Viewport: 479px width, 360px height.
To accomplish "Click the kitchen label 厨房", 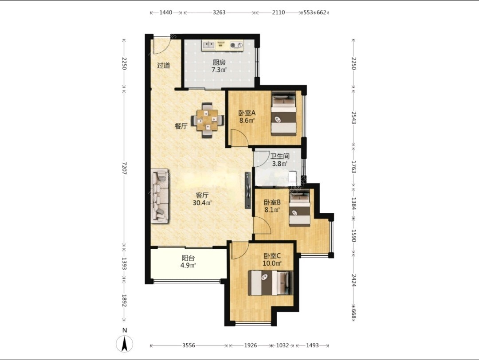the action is click(x=219, y=63).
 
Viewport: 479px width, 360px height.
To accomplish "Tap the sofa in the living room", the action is click(x=160, y=196).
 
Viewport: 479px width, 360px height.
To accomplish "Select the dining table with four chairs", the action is click(x=208, y=120).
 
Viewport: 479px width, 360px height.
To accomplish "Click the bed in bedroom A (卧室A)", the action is click(x=284, y=113).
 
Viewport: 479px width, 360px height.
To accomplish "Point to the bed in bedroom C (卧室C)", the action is click(x=271, y=283).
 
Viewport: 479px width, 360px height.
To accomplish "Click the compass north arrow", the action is click(x=125, y=344).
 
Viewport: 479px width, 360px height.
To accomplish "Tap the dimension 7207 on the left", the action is click(x=124, y=168).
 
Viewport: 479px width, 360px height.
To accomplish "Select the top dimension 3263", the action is click(x=219, y=12).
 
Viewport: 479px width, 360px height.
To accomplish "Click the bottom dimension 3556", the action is click(x=189, y=345).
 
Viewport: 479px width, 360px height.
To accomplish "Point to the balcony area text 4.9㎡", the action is click(x=188, y=265).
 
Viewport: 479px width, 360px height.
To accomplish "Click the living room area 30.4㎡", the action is click(x=202, y=203).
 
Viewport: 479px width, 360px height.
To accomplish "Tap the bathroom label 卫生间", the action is click(x=280, y=157).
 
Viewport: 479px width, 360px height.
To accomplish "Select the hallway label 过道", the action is click(x=164, y=65).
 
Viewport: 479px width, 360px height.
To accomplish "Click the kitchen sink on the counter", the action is click(x=209, y=45).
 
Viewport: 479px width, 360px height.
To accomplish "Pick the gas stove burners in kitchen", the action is click(x=237, y=45).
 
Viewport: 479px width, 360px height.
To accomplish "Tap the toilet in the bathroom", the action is click(x=293, y=178).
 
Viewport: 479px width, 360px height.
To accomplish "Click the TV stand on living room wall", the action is click(x=248, y=190).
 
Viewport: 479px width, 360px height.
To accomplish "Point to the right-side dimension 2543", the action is click(x=354, y=117).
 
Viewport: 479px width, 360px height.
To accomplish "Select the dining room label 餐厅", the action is click(x=181, y=126).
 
